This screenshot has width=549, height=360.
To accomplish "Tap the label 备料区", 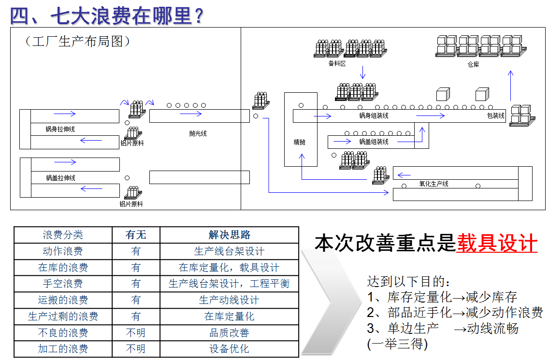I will tap(337, 63).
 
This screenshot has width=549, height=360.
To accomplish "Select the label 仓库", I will tap(473, 64).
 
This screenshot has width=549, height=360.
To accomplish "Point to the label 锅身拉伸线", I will tap(60, 130).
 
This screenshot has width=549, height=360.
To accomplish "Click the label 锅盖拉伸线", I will tap(60, 178).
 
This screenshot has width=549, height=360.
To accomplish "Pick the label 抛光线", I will tap(198, 133).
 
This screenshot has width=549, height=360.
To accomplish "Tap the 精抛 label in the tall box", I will tap(300, 142).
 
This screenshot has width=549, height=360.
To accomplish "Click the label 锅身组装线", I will tap(374, 116).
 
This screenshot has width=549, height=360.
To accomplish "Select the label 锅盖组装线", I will tap(374, 142).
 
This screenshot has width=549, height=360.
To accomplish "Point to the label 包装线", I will tap(495, 116).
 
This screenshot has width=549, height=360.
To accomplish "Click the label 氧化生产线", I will tap(433, 184).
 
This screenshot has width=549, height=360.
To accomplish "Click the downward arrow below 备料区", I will tap(362, 72).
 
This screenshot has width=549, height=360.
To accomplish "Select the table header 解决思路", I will tap(229, 235).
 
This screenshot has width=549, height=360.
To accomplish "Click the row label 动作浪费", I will tap(63, 251).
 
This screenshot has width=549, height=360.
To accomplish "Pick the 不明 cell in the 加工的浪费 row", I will tap(136, 349).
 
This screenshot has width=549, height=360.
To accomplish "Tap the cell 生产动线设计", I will tap(229, 300).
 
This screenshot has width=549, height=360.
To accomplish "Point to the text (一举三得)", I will tap(397, 344).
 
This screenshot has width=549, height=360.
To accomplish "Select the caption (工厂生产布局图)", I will tap(77, 42).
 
